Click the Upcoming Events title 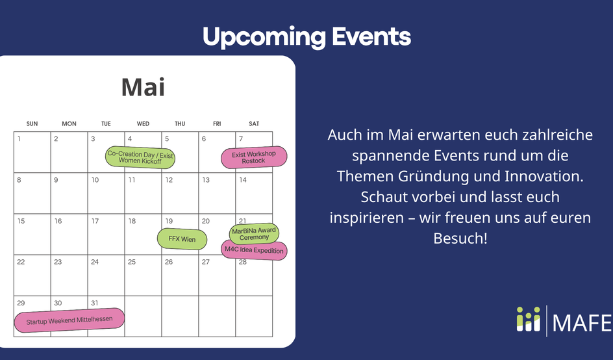[307, 37]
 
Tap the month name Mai [143, 87]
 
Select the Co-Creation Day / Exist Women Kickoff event [140, 157]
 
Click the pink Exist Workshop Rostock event [254, 157]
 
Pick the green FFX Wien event [182, 239]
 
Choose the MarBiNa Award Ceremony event [254, 233]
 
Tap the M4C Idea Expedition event [254, 250]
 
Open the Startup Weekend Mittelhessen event [69, 320]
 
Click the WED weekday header [143, 123]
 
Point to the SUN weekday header [32, 123]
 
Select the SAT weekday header [254, 123]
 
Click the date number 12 [169, 180]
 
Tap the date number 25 [132, 262]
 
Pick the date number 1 [19, 139]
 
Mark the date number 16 [58, 221]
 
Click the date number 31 [95, 303]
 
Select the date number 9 [56, 180]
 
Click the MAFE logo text [582, 322]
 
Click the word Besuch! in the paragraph [460, 238]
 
